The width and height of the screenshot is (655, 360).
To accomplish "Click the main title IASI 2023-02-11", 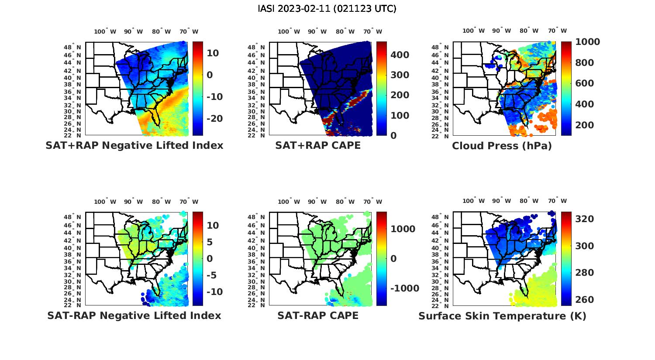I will [x=327, y=9].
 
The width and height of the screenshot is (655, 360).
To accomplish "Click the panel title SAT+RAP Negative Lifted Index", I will [x=134, y=145].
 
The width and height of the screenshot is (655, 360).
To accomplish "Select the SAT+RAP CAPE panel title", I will [x=318, y=145].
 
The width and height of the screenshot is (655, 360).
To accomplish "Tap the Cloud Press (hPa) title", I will [x=502, y=146].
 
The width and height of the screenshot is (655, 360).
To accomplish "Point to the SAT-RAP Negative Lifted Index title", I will [x=134, y=315].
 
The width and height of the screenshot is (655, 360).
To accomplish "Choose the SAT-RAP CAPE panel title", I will [x=318, y=315].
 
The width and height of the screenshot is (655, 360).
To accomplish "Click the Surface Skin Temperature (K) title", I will [x=502, y=316].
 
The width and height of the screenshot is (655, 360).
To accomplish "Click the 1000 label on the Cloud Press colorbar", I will [x=587, y=42].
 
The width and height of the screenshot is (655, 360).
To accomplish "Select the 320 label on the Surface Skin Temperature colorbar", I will [x=584, y=219].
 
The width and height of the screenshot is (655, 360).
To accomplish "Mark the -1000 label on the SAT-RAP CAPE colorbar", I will [x=404, y=288].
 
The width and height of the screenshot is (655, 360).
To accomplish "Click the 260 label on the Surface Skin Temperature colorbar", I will [x=584, y=300].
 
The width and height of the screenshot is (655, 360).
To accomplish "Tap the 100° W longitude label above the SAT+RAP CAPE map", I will [x=289, y=31].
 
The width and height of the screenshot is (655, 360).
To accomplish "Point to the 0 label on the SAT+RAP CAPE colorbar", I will [x=393, y=136].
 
